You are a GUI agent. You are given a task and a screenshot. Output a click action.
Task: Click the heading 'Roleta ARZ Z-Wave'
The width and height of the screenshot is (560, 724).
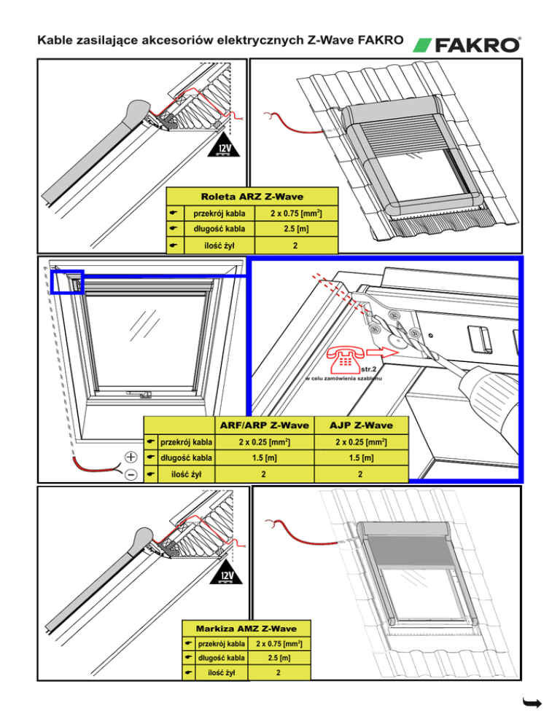(x=252, y=196)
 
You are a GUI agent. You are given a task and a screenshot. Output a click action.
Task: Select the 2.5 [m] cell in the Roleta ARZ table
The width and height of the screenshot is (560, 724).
(x=295, y=229)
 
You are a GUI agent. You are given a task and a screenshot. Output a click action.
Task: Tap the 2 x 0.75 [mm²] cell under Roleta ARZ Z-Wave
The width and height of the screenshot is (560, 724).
(x=295, y=213)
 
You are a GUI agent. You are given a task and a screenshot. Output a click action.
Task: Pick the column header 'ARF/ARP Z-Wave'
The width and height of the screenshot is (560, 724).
(x=260, y=425)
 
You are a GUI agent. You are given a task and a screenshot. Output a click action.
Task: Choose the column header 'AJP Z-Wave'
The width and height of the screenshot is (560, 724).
(x=361, y=425)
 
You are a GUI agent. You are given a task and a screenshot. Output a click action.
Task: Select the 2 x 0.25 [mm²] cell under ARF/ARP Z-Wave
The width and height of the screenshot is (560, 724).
(x=260, y=441)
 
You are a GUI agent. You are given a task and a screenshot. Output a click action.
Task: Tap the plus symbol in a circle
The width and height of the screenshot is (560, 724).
(x=131, y=457)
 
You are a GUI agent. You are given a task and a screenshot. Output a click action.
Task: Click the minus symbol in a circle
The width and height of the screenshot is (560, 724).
(x=131, y=474)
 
